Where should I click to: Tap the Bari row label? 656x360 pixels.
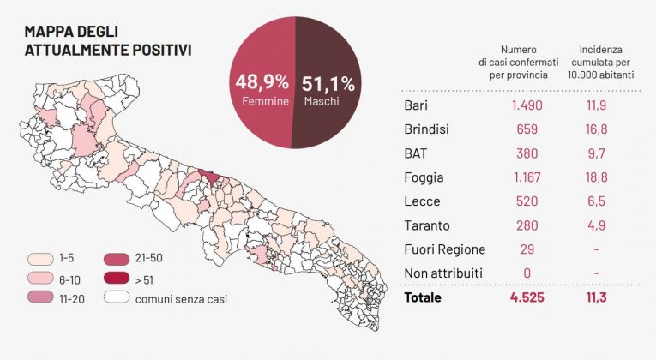pyautogui.click(x=416, y=105)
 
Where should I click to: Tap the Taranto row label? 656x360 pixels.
pyautogui.click(x=426, y=225)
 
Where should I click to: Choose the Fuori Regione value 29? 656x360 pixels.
pyautogui.click(x=527, y=249)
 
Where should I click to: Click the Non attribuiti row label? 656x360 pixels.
pyautogui.click(x=442, y=273)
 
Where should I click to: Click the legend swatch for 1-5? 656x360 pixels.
pyautogui.click(x=39, y=258)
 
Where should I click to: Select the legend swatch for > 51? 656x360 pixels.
pyautogui.click(x=117, y=279)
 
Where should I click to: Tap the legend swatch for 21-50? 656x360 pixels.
pyautogui.click(x=117, y=258)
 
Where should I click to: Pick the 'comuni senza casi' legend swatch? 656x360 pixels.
pyautogui.click(x=117, y=298)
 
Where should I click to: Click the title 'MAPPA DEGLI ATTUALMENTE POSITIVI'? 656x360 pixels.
pyautogui.click(x=107, y=40)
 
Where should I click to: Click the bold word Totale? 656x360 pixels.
pyautogui.click(x=422, y=298)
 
